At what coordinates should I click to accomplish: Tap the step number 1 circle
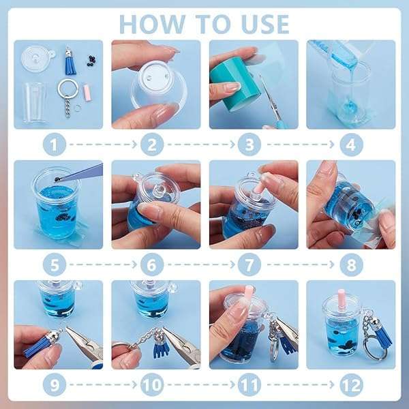coord(55,145)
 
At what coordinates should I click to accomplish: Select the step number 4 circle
coord(351,145)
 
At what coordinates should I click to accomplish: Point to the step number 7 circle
coord(249,264)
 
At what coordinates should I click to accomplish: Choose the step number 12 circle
coord(351,385)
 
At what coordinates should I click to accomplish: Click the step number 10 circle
coord(152,385)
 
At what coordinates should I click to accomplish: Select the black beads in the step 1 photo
coord(91,61)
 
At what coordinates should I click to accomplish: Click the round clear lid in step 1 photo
coord(37,59)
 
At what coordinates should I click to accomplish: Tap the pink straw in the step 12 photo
coord(342,297)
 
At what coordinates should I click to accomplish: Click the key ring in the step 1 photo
coord(67,89)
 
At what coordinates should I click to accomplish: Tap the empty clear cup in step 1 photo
coord(35,102)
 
